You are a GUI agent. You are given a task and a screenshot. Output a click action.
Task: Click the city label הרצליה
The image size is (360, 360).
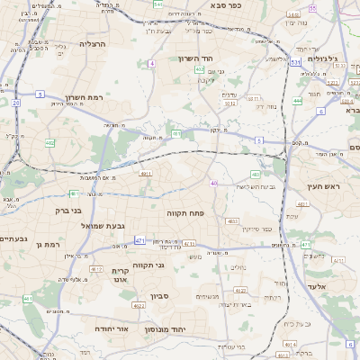(93, 43)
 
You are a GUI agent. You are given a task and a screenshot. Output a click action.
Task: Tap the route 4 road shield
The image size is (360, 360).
(152, 64)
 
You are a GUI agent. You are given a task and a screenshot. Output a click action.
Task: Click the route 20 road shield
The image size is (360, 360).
(16, 103)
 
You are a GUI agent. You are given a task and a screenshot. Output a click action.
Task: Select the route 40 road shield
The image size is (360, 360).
(213, 184)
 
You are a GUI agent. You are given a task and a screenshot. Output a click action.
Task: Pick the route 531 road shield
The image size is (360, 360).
(295, 62)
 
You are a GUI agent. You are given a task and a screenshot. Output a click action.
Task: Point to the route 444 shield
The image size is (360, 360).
(297, 101)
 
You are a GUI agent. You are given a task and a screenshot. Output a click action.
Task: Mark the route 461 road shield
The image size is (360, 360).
(28, 299)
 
